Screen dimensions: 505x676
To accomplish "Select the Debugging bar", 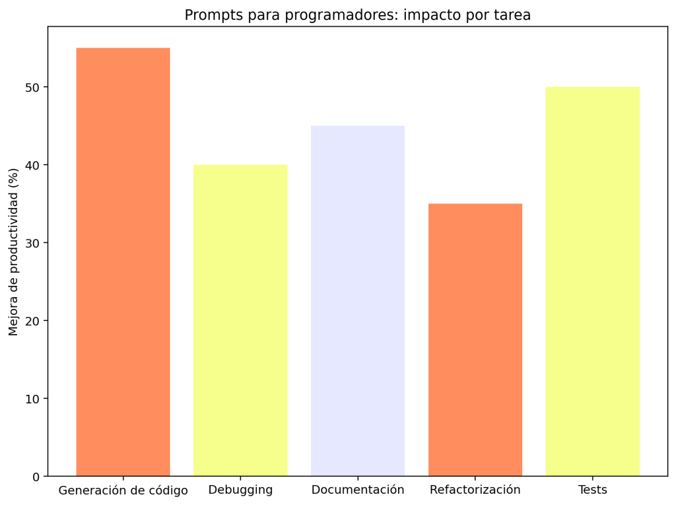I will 240,320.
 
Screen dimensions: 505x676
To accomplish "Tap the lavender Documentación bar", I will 358,301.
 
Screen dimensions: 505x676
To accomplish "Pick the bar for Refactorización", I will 475,340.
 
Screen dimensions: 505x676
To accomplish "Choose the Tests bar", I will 593,281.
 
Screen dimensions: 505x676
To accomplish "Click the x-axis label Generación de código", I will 123,490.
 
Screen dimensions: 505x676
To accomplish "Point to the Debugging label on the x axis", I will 240,490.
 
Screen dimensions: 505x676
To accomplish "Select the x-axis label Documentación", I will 358,490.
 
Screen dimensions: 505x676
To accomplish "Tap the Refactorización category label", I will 475,490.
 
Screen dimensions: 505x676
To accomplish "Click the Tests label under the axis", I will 593,490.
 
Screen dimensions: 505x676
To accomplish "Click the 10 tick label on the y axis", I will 33,399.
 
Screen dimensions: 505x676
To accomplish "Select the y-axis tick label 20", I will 33,321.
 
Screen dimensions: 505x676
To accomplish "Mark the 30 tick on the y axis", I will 33,243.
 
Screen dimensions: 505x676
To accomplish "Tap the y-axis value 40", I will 33,165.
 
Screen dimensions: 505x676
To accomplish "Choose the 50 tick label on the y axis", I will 33,87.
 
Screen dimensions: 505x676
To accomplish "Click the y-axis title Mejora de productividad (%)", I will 14,252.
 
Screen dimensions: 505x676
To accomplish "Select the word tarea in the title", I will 513,15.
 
